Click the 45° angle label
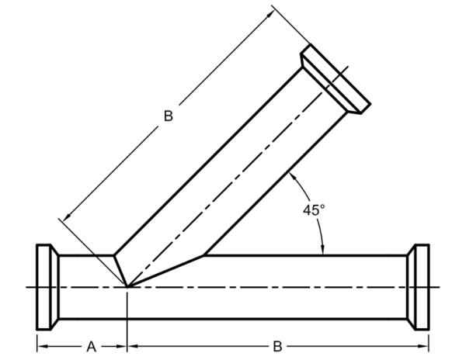[314, 209]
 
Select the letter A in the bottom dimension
[92, 346]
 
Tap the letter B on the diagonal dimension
[169, 116]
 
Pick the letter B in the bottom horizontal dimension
[277, 346]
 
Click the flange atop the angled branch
[336, 79]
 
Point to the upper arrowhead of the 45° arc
[292, 176]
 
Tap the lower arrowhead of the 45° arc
[323, 250]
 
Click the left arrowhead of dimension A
[42, 346]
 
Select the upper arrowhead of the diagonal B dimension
[271, 14]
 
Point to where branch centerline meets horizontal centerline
[127, 287]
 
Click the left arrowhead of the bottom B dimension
[133, 346]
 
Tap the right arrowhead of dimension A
[122, 346]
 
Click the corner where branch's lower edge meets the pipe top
[203, 255]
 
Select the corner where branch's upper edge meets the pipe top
[114, 255]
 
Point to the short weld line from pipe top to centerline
[120, 271]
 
